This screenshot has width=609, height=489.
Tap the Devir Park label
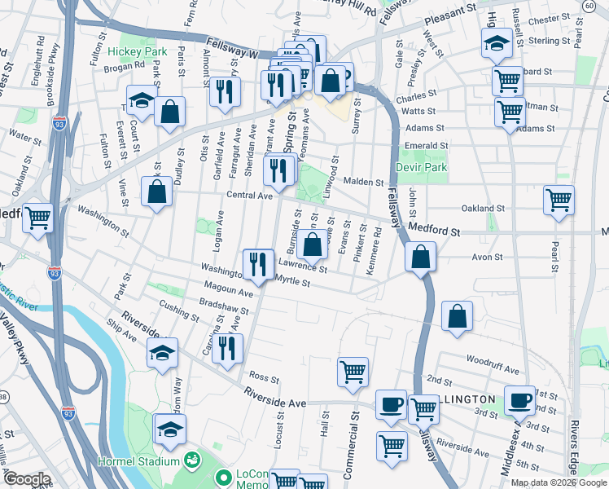421,166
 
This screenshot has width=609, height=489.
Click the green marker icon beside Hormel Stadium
192,462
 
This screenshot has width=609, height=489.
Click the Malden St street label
362,183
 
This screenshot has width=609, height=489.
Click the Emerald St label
426,147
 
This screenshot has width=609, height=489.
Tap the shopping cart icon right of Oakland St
559,199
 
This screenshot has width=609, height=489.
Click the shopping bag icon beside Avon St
419,258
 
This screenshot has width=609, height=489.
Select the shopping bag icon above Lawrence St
312,243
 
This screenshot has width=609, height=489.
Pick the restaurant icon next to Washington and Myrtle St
257,264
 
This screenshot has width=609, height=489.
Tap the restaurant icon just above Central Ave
278,169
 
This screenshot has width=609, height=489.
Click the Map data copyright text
559,482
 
